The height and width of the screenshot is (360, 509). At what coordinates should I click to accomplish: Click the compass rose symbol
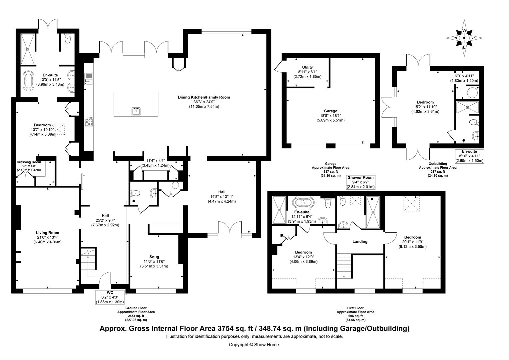pos(464,38)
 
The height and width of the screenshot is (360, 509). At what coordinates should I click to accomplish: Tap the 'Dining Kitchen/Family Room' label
pos(204,97)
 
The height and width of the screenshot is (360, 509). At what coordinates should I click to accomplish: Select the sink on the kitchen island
pos(136,111)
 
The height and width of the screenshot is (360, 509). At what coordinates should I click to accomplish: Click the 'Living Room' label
pos(47,233)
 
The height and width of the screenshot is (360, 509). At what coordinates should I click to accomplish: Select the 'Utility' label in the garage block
pos(307,67)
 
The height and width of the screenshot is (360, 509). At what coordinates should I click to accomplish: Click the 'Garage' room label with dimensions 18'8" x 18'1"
pos(330,111)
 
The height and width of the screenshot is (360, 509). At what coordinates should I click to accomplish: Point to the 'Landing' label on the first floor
pos(360,241)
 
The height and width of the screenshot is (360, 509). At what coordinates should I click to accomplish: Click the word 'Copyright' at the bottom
pos(239,345)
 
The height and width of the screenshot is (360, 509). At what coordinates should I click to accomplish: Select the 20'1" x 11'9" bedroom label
pos(412,237)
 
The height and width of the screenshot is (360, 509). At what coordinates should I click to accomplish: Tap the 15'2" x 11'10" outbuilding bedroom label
pos(425,102)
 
